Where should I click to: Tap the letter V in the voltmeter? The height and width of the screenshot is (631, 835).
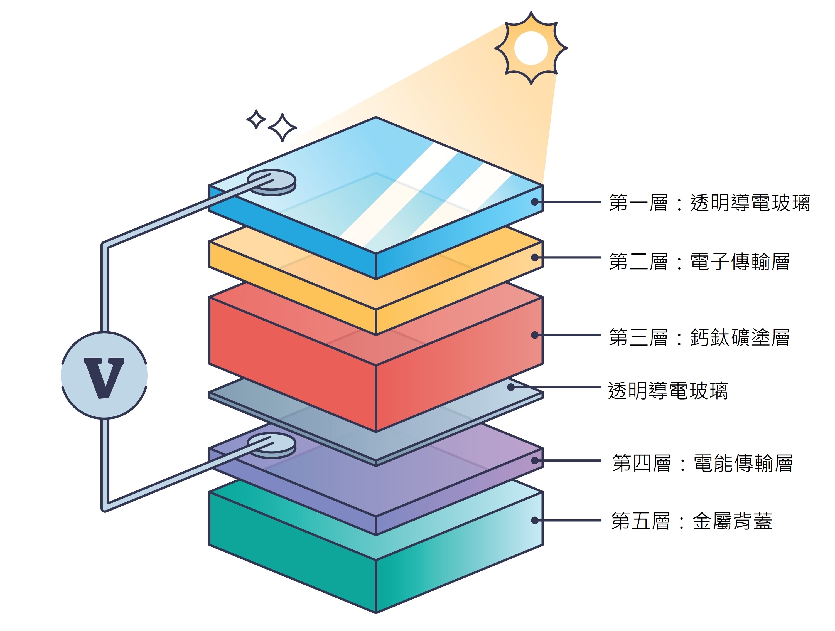pos(104,377)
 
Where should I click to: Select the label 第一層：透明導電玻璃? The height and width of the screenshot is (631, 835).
pos(709,203)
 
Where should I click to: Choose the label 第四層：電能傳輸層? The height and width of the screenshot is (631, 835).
pos(702,463)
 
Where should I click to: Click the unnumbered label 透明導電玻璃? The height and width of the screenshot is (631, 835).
pos(668,391)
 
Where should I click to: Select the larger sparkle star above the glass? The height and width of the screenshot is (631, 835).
pos(282,127)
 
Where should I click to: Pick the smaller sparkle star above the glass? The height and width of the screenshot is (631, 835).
pos(256,119)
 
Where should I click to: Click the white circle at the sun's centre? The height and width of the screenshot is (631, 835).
pos(531,48)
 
